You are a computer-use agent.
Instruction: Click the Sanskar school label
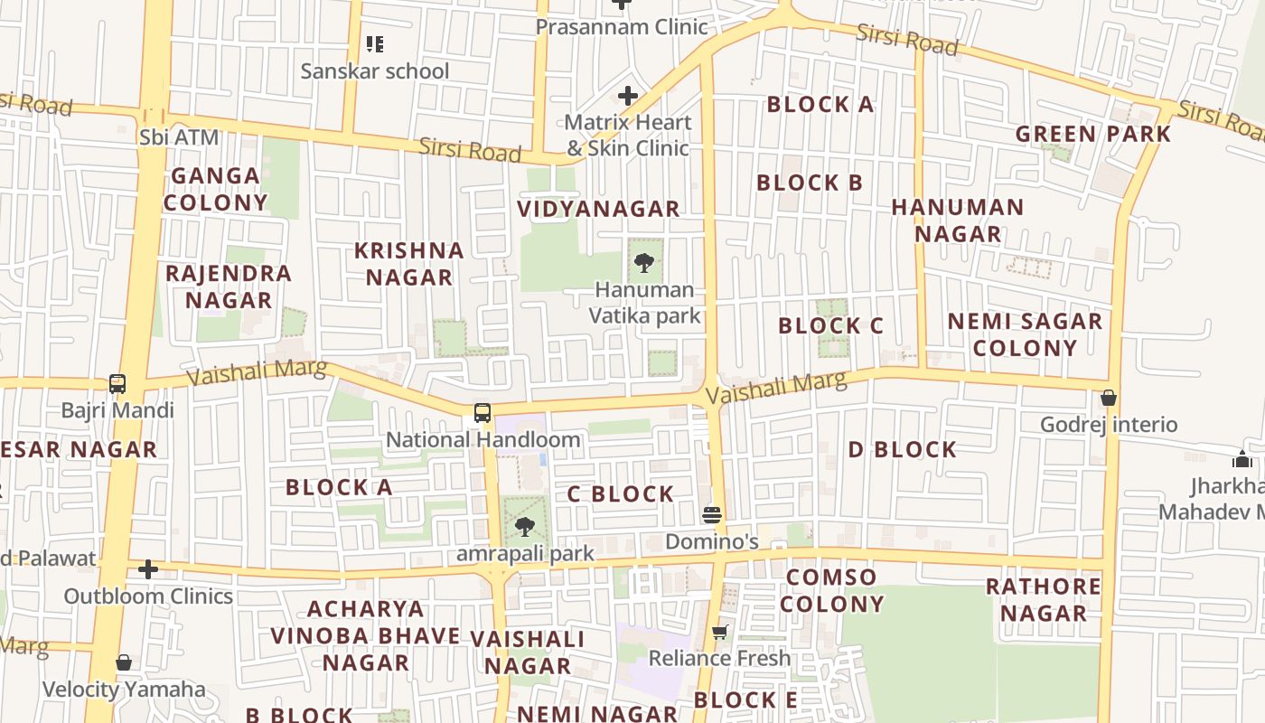click(374, 71)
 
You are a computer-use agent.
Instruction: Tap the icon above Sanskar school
click(374, 43)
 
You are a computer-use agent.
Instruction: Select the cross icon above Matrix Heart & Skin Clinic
click(628, 95)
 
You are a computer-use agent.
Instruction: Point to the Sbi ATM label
click(179, 138)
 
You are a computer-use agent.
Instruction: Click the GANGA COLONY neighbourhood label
click(215, 189)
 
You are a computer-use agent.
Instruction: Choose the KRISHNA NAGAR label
click(409, 264)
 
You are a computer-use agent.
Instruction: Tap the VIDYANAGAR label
click(598, 209)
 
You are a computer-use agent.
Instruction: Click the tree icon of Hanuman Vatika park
click(644, 263)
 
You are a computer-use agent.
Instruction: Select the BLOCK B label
click(810, 183)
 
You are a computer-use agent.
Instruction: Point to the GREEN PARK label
click(1093, 135)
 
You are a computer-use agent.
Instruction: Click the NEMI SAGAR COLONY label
click(1025, 334)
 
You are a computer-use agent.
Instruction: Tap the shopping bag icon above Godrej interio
click(1109, 398)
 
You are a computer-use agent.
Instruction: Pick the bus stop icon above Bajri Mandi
click(117, 384)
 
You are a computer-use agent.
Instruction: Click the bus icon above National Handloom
click(483, 413)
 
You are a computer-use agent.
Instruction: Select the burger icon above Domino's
click(712, 515)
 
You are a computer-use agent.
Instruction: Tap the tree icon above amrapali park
click(525, 527)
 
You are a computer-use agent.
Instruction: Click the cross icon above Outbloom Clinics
click(148, 569)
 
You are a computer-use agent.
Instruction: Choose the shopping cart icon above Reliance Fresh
click(719, 632)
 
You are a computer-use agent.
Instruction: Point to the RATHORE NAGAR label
click(1043, 600)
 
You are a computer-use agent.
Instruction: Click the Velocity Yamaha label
click(124, 690)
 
